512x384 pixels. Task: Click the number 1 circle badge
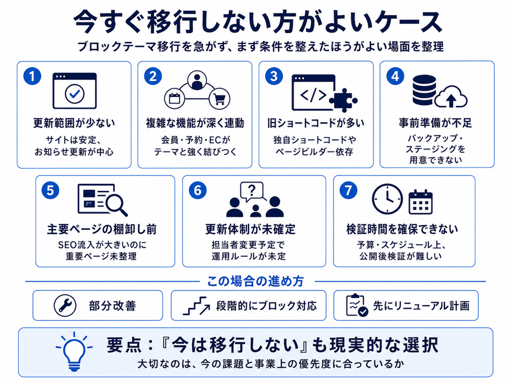32,76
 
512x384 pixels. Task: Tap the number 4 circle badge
395,76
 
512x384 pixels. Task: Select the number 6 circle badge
197,190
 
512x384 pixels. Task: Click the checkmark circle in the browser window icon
75,93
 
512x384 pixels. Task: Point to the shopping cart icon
219,98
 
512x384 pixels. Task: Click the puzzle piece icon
343,100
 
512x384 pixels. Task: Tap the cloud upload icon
451,96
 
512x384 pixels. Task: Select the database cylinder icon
424,90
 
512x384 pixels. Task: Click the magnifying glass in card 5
116,204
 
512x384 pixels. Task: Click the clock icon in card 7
387,199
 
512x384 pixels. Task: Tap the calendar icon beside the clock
420,202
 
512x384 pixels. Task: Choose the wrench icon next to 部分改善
65,305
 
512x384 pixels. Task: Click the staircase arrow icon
196,305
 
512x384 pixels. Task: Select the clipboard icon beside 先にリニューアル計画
356,305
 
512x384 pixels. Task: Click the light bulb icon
74,351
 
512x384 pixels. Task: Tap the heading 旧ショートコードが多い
316,123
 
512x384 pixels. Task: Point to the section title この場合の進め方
255,281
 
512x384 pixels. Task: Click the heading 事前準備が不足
435,123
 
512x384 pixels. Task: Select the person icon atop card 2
197,80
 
